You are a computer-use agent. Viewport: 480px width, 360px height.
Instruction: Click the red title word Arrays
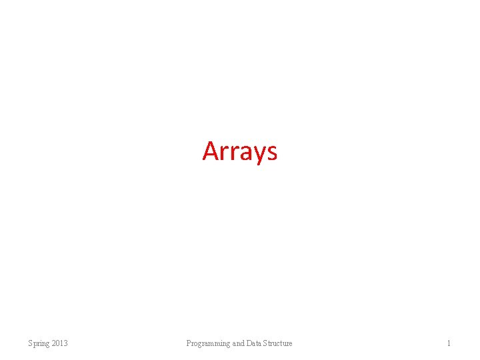click(239, 151)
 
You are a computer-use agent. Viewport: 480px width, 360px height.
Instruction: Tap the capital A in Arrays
click(210, 151)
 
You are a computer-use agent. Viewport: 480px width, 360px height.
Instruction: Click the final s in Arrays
click(271, 153)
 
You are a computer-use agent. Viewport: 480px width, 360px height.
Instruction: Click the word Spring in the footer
click(38, 343)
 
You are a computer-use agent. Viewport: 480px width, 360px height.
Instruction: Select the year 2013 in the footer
click(59, 343)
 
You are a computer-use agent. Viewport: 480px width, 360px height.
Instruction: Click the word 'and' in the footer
click(238, 343)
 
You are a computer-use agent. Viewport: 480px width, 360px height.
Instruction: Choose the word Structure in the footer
click(277, 343)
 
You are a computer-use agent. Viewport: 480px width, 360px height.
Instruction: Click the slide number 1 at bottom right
click(449, 343)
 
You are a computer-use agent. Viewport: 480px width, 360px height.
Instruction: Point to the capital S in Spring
click(30, 343)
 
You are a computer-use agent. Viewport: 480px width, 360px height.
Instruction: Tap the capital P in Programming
click(189, 343)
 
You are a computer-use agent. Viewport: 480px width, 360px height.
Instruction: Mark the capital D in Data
click(249, 343)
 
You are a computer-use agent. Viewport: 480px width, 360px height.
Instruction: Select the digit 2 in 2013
click(53, 343)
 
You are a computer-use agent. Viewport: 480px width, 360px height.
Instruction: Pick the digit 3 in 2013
click(65, 343)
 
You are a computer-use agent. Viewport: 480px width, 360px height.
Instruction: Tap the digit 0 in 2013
click(57, 343)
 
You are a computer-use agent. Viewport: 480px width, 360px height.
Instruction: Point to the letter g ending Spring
click(47, 344)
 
